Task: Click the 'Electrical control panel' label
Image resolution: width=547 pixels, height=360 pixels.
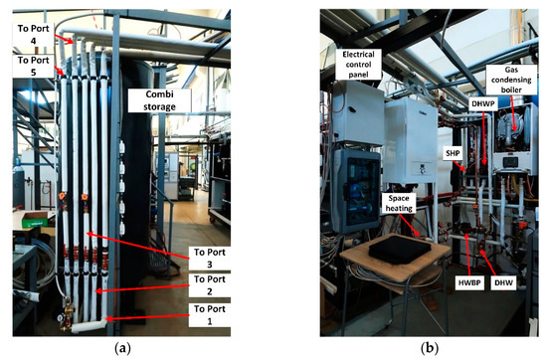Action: click(363, 64)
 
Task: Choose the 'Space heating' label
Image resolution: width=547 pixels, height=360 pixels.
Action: click(401, 204)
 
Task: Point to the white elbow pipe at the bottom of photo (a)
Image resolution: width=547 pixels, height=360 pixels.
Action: click(85, 323)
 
